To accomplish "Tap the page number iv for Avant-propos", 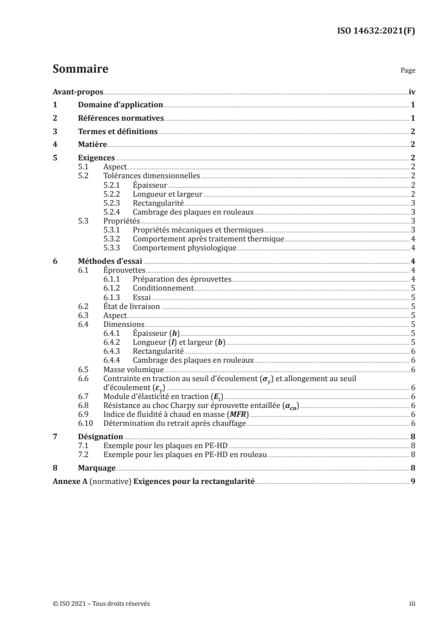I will pos(412,92).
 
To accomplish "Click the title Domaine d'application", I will pos(120,105).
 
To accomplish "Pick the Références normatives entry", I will pos(121,118).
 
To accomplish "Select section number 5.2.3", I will pos(113,203).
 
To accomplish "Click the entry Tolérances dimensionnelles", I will pos(151,176).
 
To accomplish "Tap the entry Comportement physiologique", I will pos(184,248).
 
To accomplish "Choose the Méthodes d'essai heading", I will pos(111,261).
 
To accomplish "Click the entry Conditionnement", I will pos(163,288).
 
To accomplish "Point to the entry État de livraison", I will pos(132,306).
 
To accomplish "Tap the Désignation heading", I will pos(101,436).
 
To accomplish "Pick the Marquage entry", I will pos(97,468).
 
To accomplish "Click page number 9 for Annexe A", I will pos(412,481).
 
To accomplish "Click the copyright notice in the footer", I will pos(101,604).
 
